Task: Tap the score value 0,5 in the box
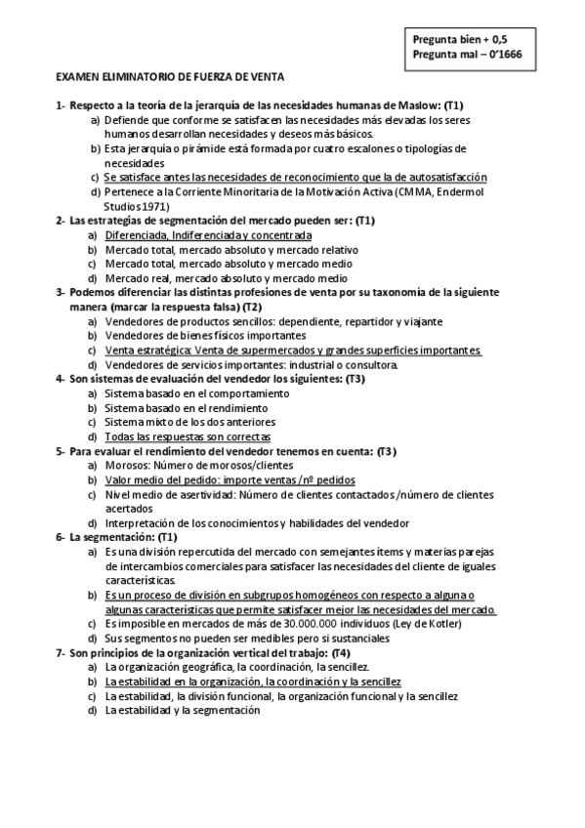click(500, 39)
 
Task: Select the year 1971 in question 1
click(150, 206)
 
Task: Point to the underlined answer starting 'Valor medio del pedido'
click(230, 480)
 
